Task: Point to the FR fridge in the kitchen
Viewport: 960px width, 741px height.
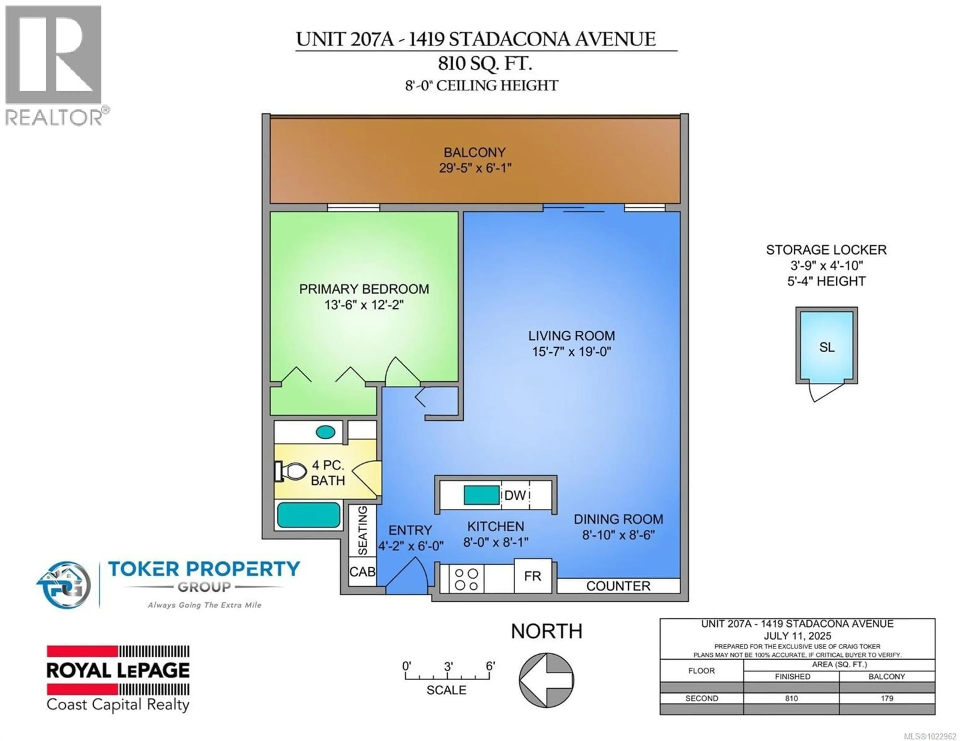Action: [532, 576]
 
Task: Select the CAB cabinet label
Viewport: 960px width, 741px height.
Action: [362, 571]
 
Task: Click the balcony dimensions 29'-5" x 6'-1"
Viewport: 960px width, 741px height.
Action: [475, 168]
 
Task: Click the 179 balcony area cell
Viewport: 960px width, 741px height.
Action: [886, 698]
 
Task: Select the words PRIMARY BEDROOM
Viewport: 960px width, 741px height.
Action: [364, 289]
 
